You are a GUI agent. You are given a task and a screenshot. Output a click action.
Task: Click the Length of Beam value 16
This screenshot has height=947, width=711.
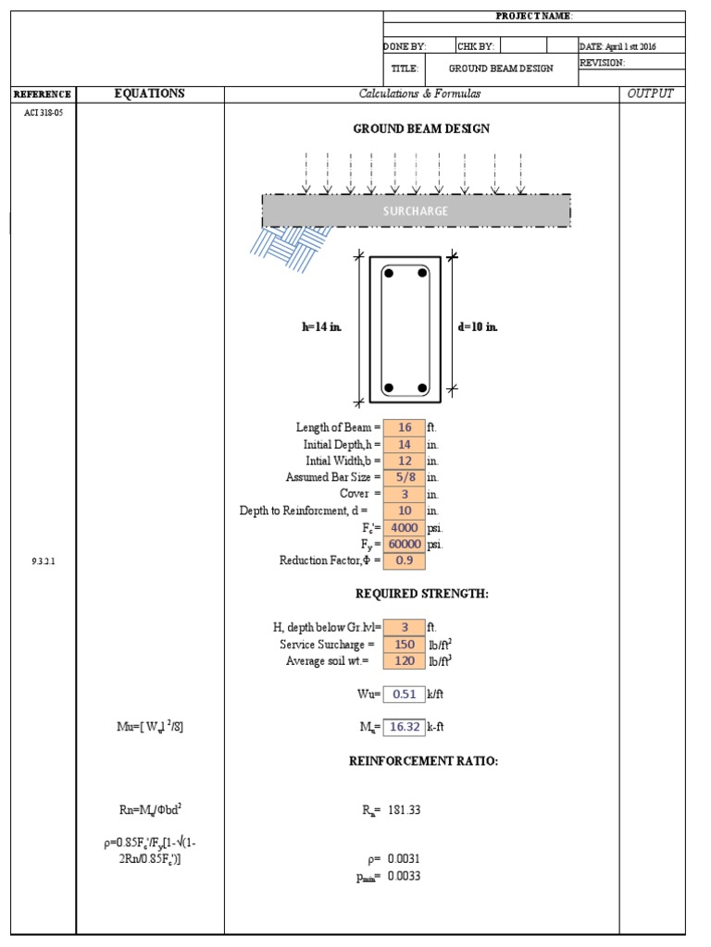[404, 427]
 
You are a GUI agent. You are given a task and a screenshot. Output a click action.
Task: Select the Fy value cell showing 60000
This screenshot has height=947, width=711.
[404, 545]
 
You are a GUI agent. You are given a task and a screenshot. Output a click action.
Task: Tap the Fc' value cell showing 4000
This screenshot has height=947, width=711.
[404, 528]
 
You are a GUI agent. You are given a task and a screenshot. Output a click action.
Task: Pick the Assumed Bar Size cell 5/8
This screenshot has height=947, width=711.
[404, 477]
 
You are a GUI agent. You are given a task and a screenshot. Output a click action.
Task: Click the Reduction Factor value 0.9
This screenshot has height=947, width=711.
[404, 561]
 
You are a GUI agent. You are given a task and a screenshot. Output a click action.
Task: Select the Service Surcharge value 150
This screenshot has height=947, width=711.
[404, 644]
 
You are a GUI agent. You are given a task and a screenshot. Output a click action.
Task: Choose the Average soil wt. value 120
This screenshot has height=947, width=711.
[404, 660]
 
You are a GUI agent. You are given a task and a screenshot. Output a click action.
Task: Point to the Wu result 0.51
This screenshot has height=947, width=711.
[404, 694]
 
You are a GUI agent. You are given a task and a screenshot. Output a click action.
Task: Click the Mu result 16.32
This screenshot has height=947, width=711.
[404, 727]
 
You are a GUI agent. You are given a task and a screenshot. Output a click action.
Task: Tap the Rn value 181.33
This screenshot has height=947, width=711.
[404, 810]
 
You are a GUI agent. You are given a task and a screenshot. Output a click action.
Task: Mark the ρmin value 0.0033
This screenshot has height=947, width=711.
[404, 876]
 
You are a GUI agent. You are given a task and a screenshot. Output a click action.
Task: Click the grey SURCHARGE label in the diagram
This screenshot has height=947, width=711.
[416, 211]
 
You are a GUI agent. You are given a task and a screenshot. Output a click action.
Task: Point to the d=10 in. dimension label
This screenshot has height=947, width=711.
[478, 327]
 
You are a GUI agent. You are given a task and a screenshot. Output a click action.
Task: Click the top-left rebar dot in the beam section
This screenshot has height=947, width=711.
[390, 274]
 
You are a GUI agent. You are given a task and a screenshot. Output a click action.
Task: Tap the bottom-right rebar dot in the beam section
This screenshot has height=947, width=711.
[422, 387]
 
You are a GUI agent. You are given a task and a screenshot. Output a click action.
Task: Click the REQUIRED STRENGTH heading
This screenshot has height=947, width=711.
[421, 593]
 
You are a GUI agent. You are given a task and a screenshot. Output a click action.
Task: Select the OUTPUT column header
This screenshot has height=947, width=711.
[651, 93]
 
